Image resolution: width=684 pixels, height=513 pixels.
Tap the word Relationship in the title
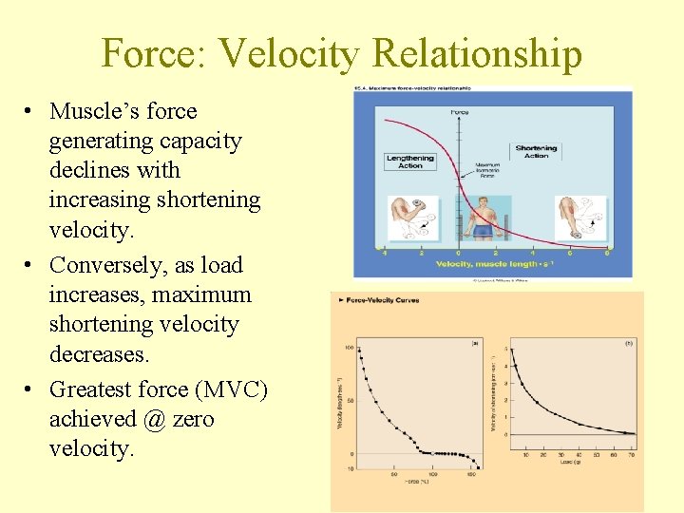coord(477,53)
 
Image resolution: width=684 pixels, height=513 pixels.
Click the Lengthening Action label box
coord(409,161)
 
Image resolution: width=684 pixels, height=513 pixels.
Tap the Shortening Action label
coord(536,151)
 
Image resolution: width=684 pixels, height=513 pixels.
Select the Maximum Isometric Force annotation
coord(486,171)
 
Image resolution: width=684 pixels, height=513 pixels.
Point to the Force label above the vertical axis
coord(459,112)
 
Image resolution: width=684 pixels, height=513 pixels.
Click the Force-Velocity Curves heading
coord(378,300)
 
